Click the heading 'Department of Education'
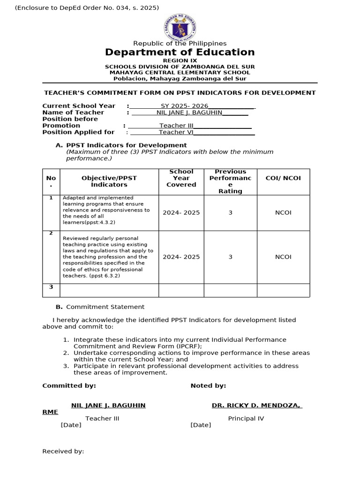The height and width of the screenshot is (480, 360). pos(180,52)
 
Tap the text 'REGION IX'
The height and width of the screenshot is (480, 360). pos(180,60)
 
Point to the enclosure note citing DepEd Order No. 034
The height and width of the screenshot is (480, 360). pos(81,7)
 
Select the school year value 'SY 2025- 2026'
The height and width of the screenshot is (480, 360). pos(184,106)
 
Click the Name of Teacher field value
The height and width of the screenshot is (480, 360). pos(189,112)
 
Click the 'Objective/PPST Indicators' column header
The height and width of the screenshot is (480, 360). pos(109,181)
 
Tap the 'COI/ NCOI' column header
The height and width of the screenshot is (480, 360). pos(283,178)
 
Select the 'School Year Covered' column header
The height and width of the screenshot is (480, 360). pos(181,178)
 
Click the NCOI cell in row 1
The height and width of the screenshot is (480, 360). pos(283,212)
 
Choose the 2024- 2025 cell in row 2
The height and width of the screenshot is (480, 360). pos(181,257)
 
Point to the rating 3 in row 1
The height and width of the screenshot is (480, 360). pos(230,212)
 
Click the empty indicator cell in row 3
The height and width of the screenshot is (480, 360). pos(109,290)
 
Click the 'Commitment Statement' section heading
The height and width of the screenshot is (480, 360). pos(105,307)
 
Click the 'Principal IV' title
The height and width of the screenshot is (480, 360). pos(246,419)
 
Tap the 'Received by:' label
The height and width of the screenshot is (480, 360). pos(63,451)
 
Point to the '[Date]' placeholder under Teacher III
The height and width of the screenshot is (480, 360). pos(71,425)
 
